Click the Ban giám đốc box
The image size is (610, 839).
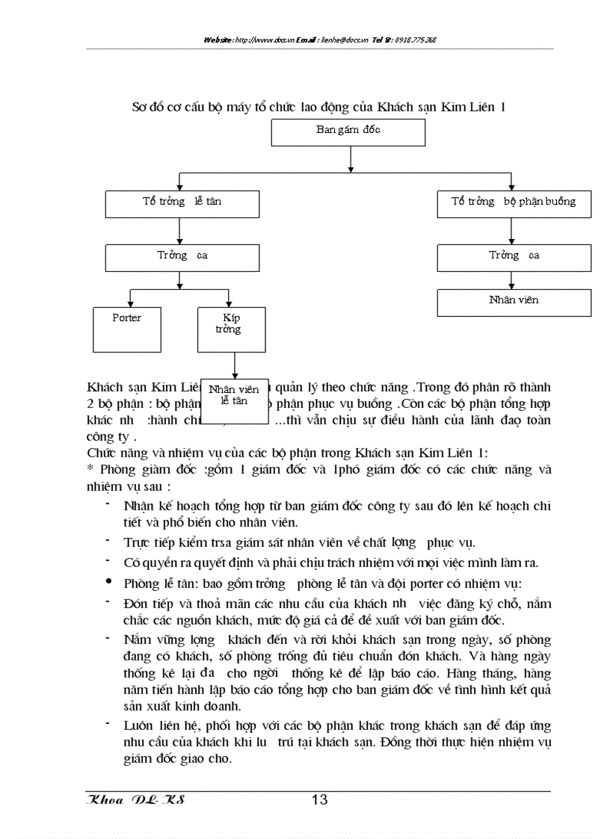[x=348, y=131]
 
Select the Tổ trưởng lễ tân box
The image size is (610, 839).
[x=182, y=203]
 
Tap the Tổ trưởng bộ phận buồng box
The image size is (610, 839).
[x=514, y=203]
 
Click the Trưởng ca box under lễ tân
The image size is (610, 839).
[x=182, y=257]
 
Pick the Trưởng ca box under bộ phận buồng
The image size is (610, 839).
[x=514, y=257]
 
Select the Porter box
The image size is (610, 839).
[x=127, y=329]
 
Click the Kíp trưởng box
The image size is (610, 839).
[x=231, y=329]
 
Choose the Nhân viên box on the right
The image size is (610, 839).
[x=514, y=302]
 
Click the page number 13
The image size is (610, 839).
[x=319, y=800]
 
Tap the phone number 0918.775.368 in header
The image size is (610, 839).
[x=415, y=40]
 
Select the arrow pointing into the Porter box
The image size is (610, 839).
[x=131, y=299]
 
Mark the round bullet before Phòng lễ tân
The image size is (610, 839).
[x=109, y=581]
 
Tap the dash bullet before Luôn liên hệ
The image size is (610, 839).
[x=109, y=724]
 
